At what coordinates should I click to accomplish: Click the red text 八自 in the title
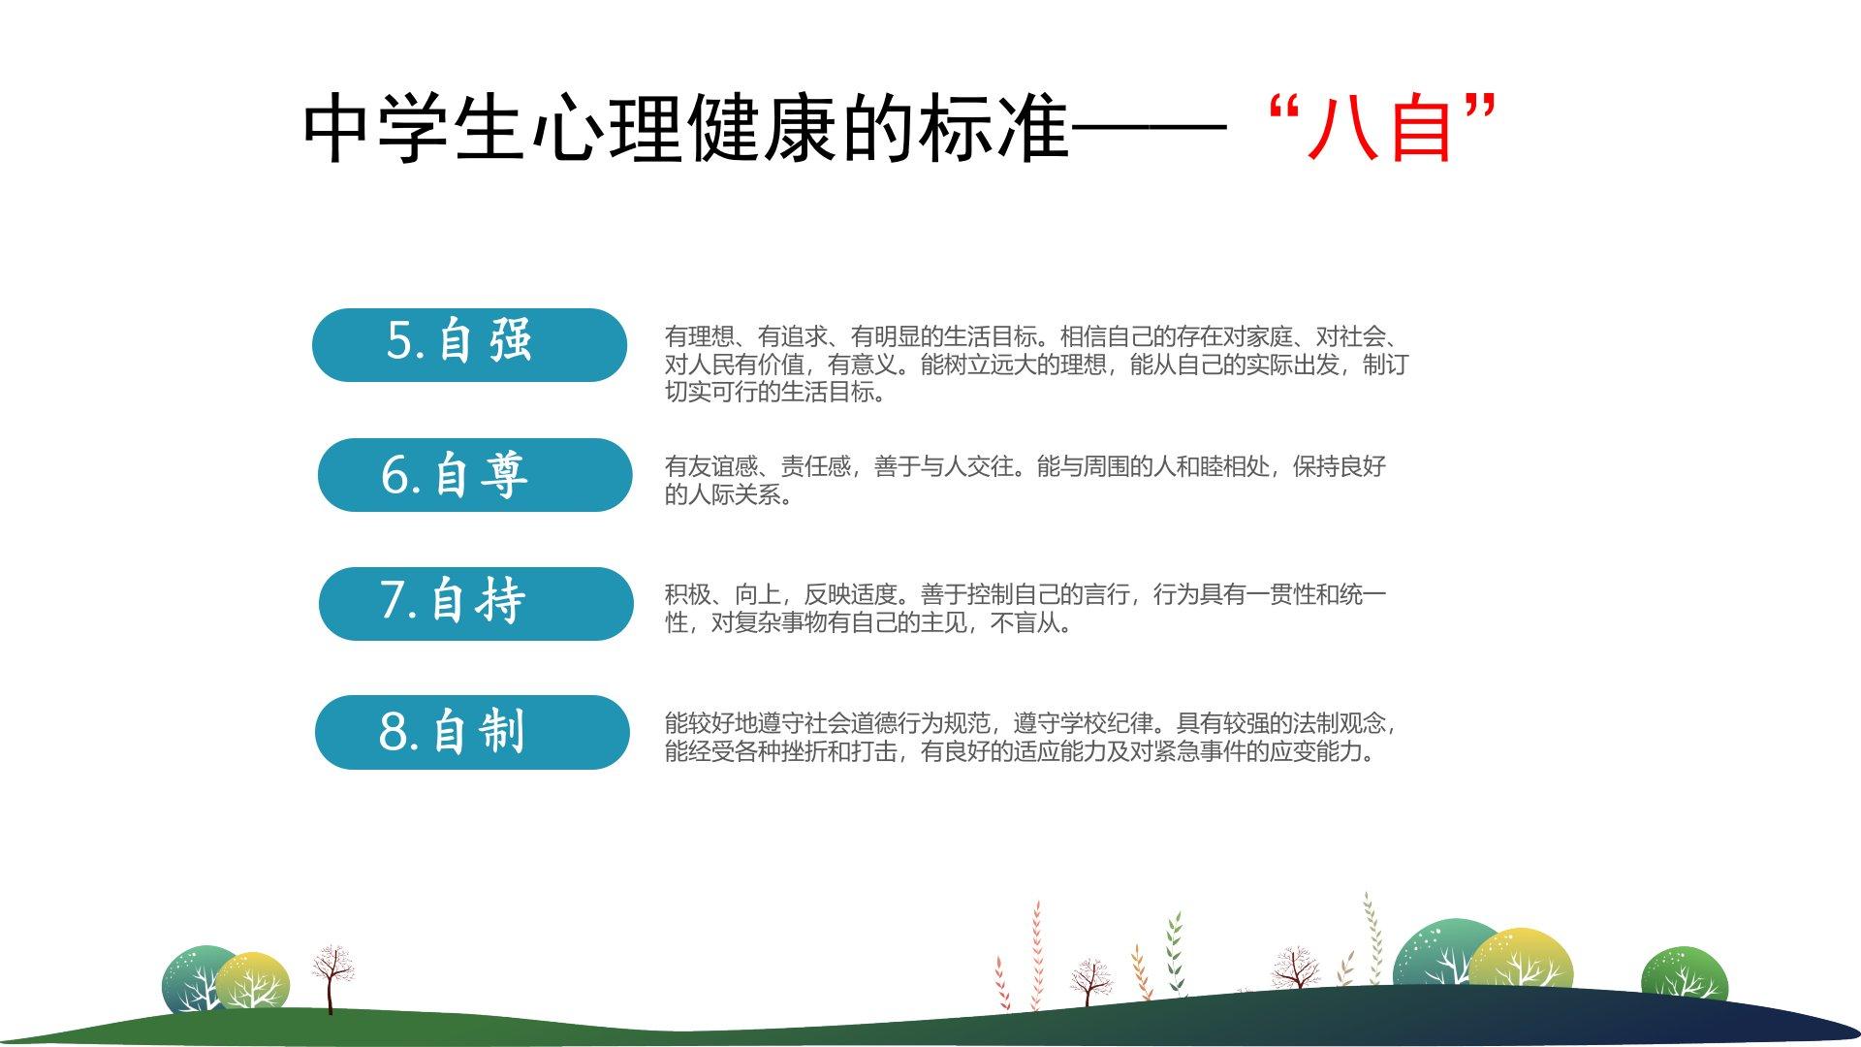coord(1380,128)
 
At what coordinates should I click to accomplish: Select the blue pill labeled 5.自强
coord(469,345)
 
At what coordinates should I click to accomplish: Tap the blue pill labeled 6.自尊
coord(475,475)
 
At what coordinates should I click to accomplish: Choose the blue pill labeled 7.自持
coord(476,604)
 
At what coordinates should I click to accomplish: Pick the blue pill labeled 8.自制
coord(472,732)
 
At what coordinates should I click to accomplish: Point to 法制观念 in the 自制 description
coord(1340,723)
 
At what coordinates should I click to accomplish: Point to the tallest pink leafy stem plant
coord(1037,954)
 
